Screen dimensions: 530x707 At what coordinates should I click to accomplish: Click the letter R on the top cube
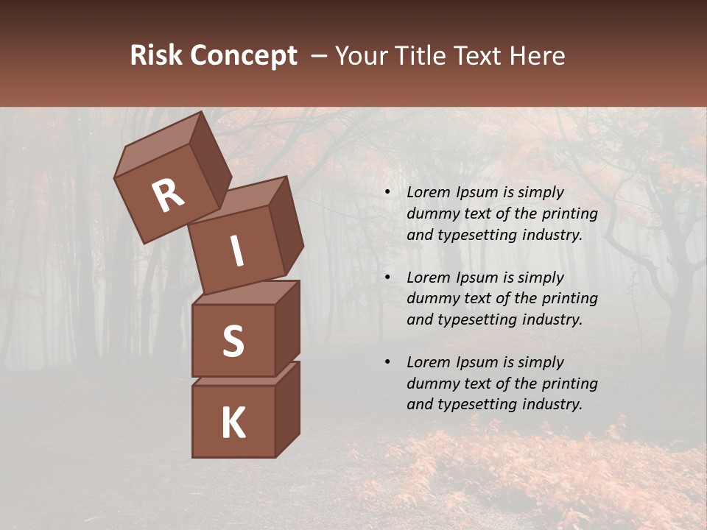(x=169, y=196)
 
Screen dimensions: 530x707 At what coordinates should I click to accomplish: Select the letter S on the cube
(x=233, y=341)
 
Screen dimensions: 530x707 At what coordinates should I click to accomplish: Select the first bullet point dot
(x=387, y=193)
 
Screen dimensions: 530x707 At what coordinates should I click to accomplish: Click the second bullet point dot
(x=387, y=278)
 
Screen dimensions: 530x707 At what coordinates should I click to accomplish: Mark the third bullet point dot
(x=387, y=363)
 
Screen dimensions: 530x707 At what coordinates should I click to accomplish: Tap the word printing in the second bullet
(x=569, y=298)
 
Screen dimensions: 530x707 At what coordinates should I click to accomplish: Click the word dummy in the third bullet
(x=432, y=384)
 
